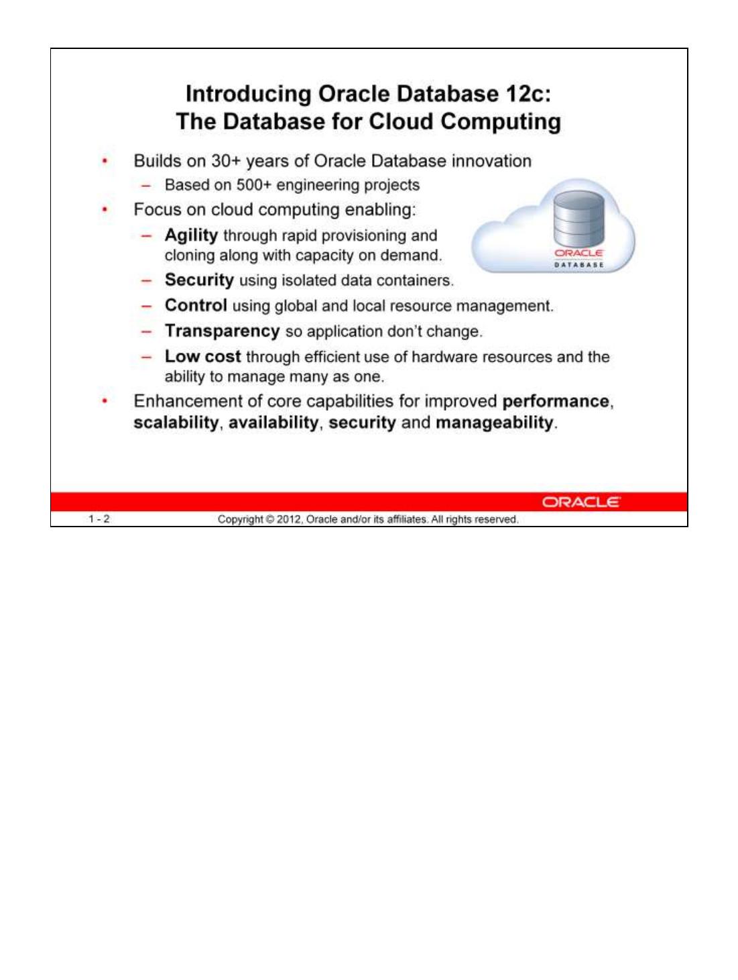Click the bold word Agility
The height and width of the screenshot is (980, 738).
pyautogui.click(x=191, y=235)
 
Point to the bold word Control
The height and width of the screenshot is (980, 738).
pyautogui.click(x=196, y=306)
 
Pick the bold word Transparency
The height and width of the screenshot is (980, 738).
pyautogui.click(x=222, y=331)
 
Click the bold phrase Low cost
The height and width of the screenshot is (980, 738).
pyautogui.click(x=202, y=357)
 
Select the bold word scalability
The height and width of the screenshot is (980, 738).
pyautogui.click(x=176, y=423)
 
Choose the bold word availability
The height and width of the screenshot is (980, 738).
pyautogui.click(x=273, y=423)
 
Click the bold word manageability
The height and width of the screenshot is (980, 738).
pyautogui.click(x=495, y=423)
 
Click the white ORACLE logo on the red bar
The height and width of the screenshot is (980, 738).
pyautogui.click(x=581, y=502)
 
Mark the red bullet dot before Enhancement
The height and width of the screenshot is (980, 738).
pyautogui.click(x=104, y=402)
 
